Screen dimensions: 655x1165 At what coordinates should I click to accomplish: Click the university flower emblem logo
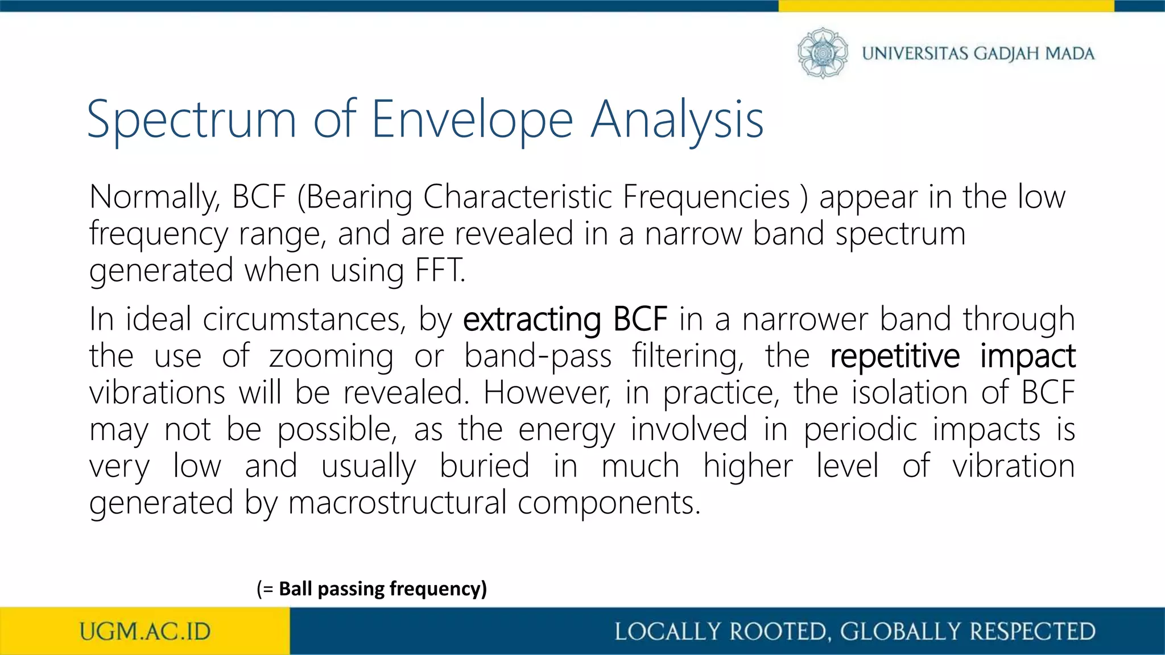click(823, 53)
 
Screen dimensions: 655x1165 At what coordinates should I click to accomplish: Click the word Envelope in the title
click(472, 120)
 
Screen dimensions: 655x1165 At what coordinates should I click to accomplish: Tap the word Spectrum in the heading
click(192, 120)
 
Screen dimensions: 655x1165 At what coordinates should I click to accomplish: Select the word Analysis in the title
click(677, 120)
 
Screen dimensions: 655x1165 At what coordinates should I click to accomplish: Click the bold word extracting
click(531, 320)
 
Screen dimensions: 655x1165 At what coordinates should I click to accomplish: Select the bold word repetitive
click(895, 356)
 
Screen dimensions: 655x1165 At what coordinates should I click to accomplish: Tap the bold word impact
click(1027, 356)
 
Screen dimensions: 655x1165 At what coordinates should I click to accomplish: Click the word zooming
click(331, 356)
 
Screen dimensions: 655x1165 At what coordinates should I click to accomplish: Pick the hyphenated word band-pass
click(538, 356)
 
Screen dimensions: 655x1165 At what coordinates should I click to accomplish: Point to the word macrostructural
click(397, 503)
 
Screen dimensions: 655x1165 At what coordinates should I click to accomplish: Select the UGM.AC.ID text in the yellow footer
click(145, 632)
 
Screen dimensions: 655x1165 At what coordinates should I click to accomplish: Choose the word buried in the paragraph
click(484, 466)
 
